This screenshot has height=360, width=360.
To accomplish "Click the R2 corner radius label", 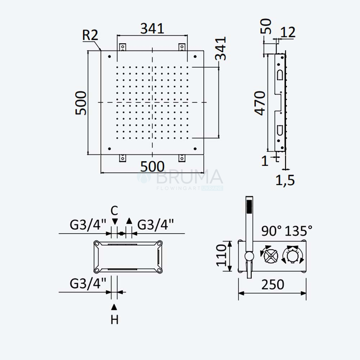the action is (90, 35).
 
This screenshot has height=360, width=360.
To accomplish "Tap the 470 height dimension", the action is (260, 103).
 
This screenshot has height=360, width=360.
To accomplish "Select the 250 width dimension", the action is (273, 284).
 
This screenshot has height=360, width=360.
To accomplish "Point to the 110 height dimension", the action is (221, 255).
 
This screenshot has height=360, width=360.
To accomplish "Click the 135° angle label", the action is (298, 231).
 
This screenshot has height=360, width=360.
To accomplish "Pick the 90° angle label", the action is (271, 231).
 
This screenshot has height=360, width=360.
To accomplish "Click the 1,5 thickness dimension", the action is (285, 180).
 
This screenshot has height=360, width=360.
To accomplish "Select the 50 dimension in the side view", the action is (266, 26).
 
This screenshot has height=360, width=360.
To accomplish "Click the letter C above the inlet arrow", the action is (114, 211).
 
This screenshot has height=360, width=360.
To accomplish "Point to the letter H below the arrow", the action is (114, 320).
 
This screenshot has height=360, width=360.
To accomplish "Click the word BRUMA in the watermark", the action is (189, 176).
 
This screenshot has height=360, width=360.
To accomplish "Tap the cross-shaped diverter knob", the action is (270, 256).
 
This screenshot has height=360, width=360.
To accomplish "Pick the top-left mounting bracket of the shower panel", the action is (123, 47).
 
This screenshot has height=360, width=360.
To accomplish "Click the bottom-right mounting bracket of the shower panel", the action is (182, 158).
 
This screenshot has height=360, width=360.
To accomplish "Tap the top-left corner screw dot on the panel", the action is (109, 57).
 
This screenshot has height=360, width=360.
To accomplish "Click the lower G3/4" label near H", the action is (88, 284).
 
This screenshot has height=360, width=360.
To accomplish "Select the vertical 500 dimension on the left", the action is (81, 103).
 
